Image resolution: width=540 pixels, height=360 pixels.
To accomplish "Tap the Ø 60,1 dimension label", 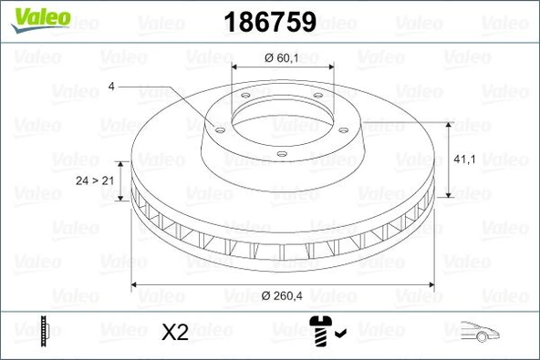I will pos(281,58).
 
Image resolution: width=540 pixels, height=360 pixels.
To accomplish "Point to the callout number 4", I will pos(110,87).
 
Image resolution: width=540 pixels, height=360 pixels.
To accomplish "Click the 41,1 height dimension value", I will pos(463,159).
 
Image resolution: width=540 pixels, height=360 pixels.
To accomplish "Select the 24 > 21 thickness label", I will pos(94,181).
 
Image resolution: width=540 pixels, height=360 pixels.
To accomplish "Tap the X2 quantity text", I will pos(174,333).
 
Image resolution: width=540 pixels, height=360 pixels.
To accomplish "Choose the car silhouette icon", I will pos(483,333).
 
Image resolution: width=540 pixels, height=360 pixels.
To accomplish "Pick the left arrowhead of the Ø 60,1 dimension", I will pos(237,69).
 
